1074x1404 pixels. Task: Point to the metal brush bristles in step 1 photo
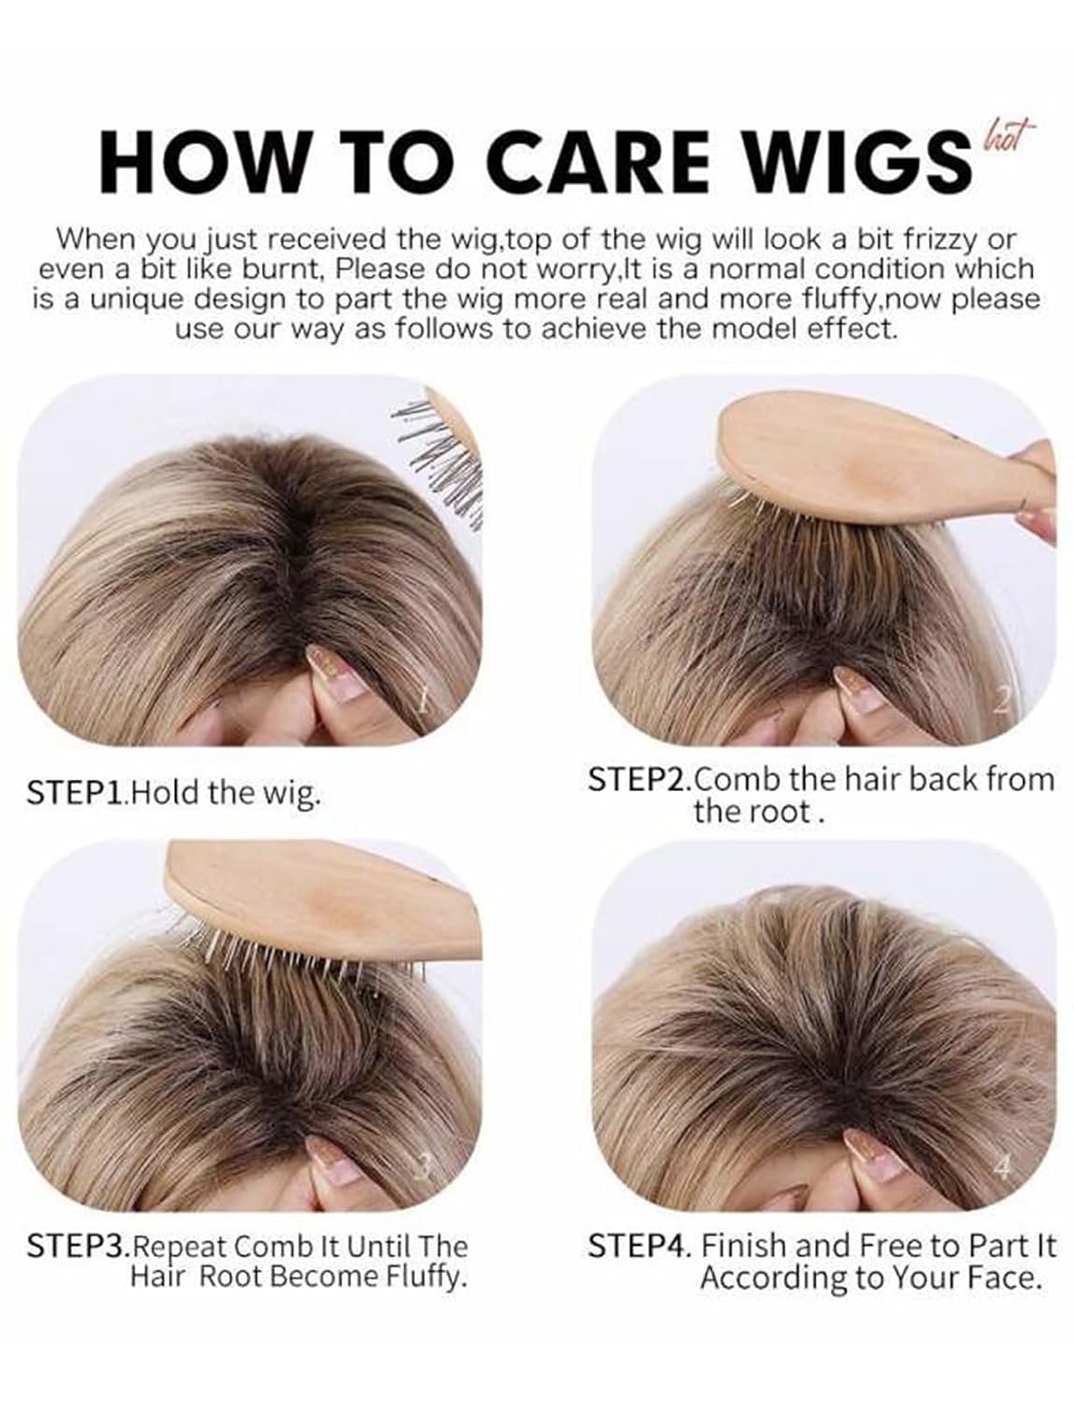pyautogui.click(x=441, y=461)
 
